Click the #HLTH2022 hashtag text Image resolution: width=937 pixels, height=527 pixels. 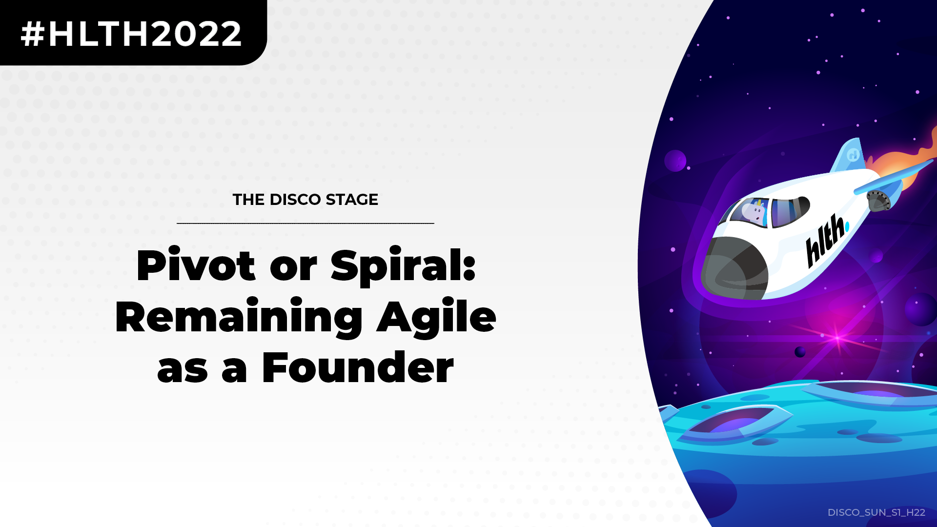coord(131,34)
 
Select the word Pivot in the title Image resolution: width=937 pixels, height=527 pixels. coord(196,265)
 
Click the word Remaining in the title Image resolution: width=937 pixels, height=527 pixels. coord(239,318)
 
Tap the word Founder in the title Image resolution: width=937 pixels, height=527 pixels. coord(358,367)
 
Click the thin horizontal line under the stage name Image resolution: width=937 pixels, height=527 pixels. coord(306,223)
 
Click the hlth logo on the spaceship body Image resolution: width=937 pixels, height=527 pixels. coord(826,241)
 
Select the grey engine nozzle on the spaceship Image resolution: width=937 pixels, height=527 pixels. coord(878,201)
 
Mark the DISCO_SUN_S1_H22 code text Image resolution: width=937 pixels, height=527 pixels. coord(876,512)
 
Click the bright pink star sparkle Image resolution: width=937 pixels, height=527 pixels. coord(837,338)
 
